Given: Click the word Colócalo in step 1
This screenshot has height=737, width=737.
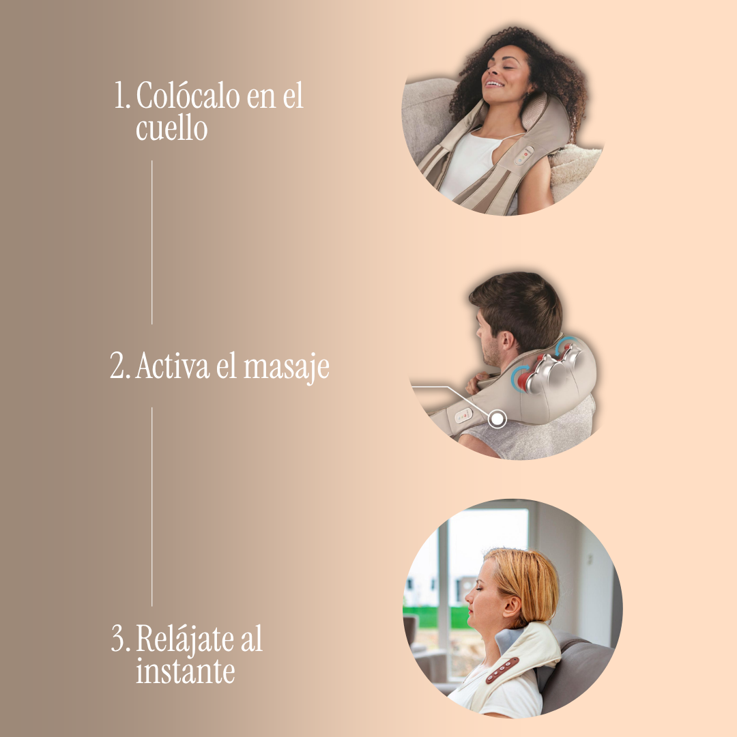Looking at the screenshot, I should pos(186,96).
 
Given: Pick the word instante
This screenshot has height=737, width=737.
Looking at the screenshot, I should pos(185,671).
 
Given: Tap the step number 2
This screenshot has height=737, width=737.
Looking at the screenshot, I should pos(119,367).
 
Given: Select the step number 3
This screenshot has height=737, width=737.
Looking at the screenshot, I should pos(120,640).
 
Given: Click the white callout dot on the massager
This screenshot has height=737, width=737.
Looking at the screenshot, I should pos(498,418).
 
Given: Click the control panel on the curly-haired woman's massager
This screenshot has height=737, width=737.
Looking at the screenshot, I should pos(524,156).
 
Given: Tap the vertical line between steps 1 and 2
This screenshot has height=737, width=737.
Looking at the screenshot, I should pos(151,242).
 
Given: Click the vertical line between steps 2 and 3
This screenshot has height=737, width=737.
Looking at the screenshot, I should pos(151,505).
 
